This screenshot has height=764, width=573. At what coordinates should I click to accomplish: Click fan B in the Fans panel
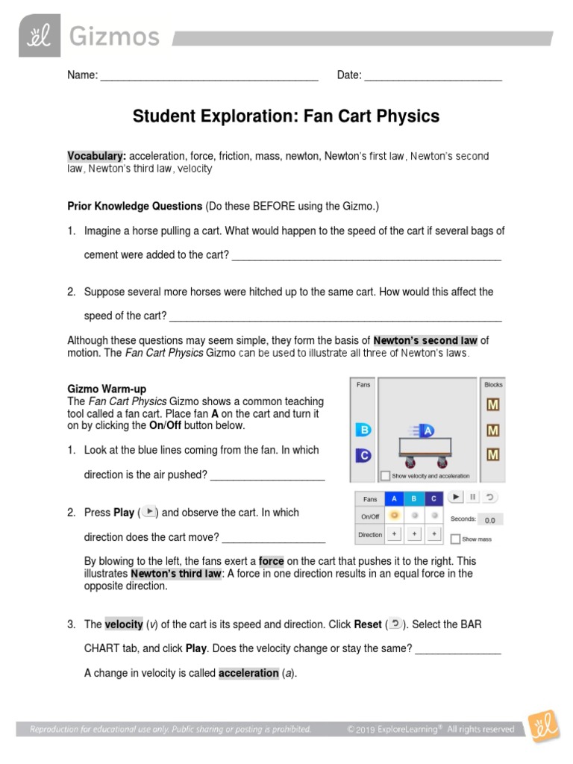pyautogui.click(x=363, y=430)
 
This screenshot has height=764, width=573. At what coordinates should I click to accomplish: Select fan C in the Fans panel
pyautogui.click(x=363, y=454)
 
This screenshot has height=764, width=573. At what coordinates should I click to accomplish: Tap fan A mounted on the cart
pyautogui.click(x=426, y=430)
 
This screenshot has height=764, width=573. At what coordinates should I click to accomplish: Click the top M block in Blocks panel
pyautogui.click(x=493, y=406)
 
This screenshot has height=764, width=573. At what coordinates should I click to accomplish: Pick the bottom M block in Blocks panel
pyautogui.click(x=493, y=454)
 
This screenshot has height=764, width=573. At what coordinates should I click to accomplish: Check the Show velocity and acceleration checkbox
pyautogui.click(x=385, y=475)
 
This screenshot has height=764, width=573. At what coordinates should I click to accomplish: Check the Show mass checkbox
pyautogui.click(x=455, y=539)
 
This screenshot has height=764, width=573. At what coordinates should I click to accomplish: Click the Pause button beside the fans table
pyautogui.click(x=472, y=497)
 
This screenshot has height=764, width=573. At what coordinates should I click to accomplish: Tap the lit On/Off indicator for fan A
pyautogui.click(x=394, y=516)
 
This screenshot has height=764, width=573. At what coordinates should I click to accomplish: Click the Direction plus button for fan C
pyautogui.click(x=434, y=535)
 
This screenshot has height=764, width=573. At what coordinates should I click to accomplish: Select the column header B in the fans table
pyautogui.click(x=414, y=498)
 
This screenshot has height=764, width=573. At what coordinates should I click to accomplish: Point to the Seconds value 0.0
pyautogui.click(x=489, y=520)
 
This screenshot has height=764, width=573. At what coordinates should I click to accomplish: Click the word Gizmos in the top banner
pyautogui.click(x=114, y=37)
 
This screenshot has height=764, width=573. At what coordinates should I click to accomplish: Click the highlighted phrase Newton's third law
pyautogui.click(x=176, y=574)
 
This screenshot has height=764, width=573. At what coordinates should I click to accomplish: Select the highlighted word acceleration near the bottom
pyautogui.click(x=248, y=673)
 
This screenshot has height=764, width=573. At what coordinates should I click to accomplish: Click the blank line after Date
pyautogui.click(x=433, y=75)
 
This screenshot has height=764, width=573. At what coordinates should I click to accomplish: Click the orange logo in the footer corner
pyautogui.click(x=544, y=727)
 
